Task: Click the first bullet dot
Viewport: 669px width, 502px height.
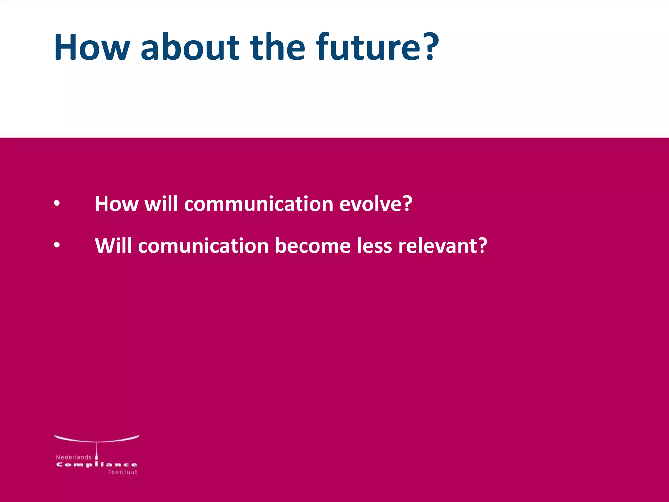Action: pos(57,204)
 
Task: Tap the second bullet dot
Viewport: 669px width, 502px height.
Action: pos(57,245)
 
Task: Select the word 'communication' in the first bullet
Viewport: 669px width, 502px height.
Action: pos(258,204)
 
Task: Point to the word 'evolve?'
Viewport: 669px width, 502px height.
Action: pos(376,204)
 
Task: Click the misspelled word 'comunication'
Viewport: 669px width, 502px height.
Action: pos(203,246)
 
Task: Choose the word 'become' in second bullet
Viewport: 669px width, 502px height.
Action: pos(313,246)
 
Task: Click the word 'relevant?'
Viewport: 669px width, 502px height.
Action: pos(442,246)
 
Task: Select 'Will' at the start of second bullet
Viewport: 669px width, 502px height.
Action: pos(113,246)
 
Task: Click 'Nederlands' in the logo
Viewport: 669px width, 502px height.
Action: pos(73,457)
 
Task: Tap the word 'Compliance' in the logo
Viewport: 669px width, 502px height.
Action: pos(97,465)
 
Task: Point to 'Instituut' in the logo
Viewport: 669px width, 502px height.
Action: pos(123,472)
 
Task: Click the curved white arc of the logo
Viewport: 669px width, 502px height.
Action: pos(97,440)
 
